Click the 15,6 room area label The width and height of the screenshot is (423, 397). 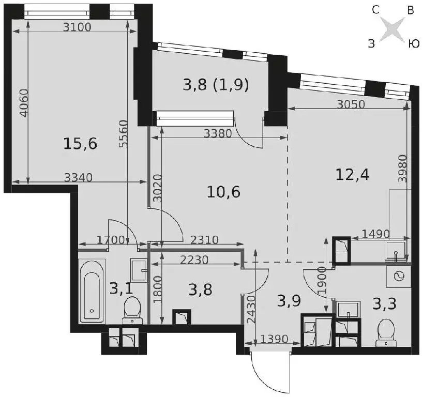80,144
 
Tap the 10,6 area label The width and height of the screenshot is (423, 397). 223,192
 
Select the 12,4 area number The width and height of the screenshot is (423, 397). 352,175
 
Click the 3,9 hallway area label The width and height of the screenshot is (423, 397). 289,301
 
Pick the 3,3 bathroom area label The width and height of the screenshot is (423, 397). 384,303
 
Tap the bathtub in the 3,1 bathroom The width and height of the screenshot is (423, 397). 92,291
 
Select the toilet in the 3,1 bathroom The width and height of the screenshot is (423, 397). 132,310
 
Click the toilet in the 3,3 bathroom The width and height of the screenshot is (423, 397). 387,332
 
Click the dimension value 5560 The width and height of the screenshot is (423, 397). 123,134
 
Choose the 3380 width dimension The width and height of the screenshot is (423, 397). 218,133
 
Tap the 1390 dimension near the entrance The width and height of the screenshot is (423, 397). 275,339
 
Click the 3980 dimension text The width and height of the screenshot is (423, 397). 402,169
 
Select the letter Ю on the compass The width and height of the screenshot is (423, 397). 413,43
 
